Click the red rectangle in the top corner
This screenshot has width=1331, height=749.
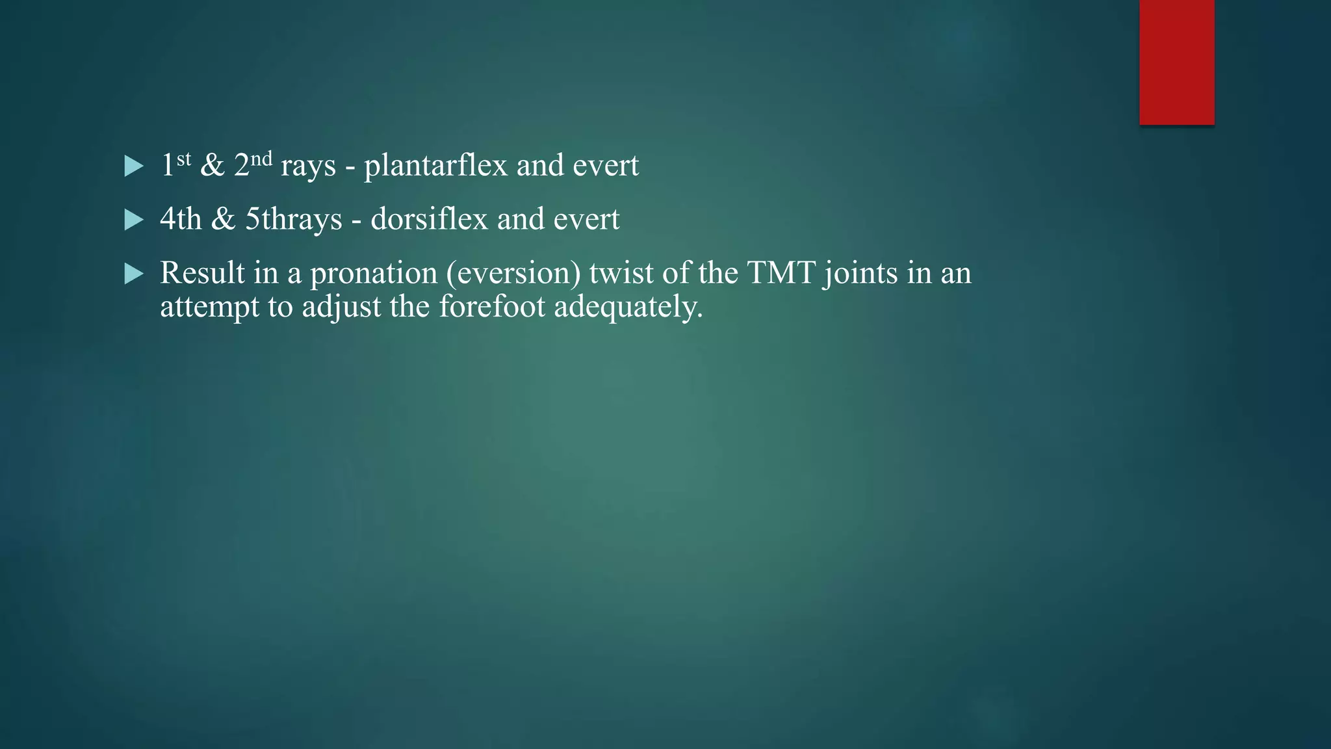click(1176, 62)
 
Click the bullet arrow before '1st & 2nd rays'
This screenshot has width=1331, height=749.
click(134, 166)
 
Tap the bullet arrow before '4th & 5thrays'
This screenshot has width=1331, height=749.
click(134, 220)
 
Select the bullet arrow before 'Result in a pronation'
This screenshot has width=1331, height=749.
click(134, 274)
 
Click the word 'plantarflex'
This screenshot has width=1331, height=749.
click(435, 165)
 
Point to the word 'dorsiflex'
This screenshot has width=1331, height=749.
click(429, 219)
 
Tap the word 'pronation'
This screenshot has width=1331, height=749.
click(374, 273)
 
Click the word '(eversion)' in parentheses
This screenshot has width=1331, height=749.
click(513, 273)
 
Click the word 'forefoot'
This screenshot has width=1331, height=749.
click(492, 307)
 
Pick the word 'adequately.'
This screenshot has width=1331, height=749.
click(628, 307)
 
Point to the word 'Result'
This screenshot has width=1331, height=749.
click(202, 272)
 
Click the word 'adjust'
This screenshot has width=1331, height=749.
click(341, 307)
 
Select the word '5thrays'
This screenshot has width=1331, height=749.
click(293, 219)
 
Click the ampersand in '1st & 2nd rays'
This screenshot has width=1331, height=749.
click(213, 165)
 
